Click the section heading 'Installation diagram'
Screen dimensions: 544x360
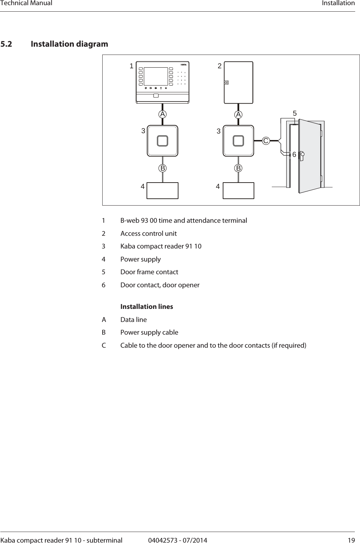click(x=69, y=44)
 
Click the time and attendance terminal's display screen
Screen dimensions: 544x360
click(x=155, y=76)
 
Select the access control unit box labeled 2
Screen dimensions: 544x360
click(x=239, y=82)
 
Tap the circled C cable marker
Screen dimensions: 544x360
click(x=266, y=141)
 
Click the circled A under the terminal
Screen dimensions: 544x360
click(x=162, y=114)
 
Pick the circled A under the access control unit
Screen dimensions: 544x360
click(x=239, y=114)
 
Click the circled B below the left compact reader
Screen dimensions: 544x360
click(x=162, y=168)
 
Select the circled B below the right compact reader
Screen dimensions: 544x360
click(x=239, y=168)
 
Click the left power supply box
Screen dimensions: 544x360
click(x=162, y=190)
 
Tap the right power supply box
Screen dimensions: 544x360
click(x=239, y=190)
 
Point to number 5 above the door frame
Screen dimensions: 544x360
click(x=294, y=113)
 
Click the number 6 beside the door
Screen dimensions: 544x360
click(x=294, y=155)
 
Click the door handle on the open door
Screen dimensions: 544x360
click(x=302, y=156)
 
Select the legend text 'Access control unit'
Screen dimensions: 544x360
click(x=148, y=233)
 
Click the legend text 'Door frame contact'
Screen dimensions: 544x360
click(x=149, y=272)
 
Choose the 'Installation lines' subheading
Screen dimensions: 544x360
click(x=147, y=306)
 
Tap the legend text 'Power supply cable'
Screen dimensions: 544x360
click(x=149, y=332)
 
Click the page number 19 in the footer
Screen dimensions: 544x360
click(x=351, y=540)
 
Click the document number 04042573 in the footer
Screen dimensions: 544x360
click(x=163, y=540)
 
